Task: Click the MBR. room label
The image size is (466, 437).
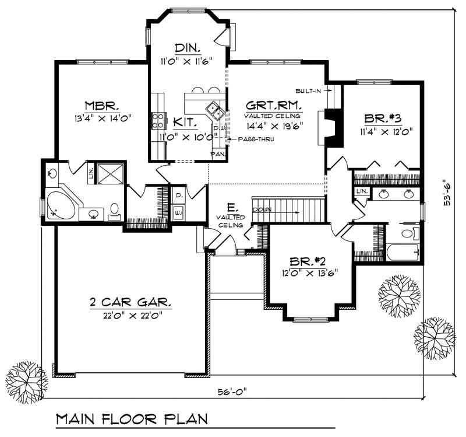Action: point(102,106)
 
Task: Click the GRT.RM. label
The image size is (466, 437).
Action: point(273,106)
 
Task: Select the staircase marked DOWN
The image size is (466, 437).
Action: point(288,208)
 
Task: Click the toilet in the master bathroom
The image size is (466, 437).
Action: point(114,209)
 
